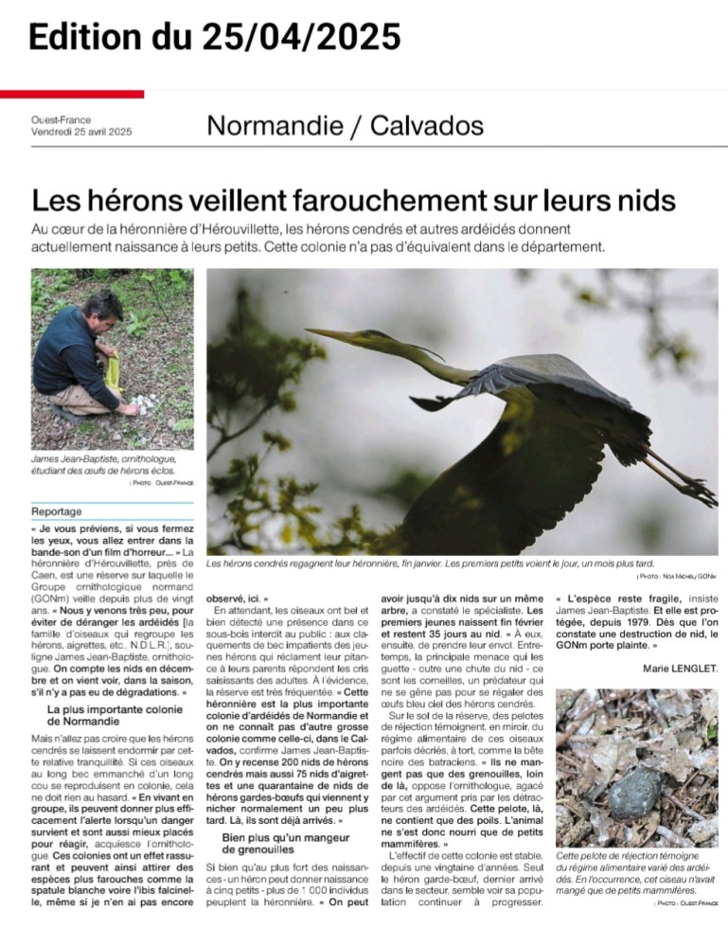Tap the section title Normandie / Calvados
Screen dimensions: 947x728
(345, 125)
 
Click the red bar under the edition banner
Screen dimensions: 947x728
(72, 94)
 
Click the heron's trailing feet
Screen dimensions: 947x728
(696, 489)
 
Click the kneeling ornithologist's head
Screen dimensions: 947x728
(102, 309)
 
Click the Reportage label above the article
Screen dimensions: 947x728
(57, 511)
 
